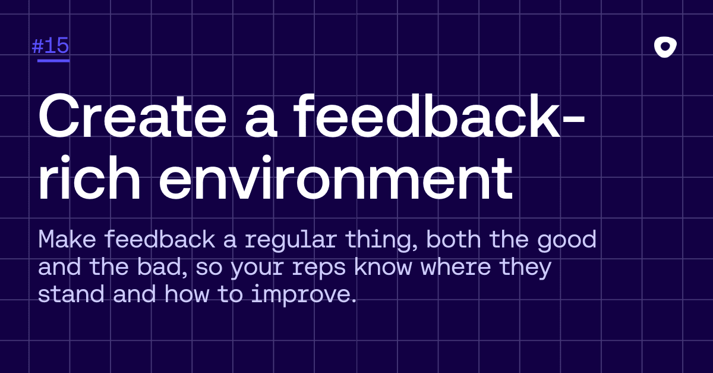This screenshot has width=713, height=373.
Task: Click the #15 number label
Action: [51, 46]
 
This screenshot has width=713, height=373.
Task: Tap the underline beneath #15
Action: [53, 60]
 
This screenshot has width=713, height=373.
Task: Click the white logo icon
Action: [665, 47]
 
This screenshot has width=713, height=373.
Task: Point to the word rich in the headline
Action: [90, 177]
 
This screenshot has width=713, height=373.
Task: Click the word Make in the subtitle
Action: [67, 239]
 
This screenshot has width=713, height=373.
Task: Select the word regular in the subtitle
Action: [291, 241]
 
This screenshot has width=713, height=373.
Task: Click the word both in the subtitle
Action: [453, 239]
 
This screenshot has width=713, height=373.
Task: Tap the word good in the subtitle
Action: [567, 241]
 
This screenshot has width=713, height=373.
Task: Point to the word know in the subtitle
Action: [383, 267]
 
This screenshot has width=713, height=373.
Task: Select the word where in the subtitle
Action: [456, 267]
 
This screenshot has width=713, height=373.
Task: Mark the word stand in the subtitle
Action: [71, 294]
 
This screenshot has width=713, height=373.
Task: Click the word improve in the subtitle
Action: [303, 295]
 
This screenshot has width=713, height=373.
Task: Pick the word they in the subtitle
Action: [525, 268]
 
